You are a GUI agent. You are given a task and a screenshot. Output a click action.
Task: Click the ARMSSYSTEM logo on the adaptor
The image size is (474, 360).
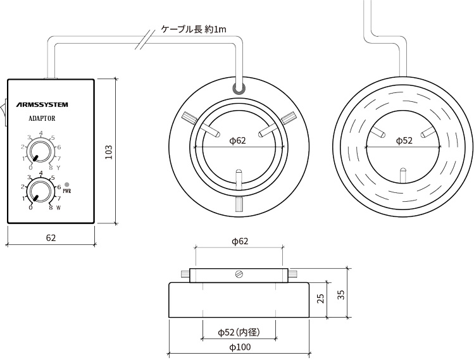tap(42, 104)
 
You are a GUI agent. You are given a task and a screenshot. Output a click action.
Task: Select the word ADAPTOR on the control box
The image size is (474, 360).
tap(42, 118)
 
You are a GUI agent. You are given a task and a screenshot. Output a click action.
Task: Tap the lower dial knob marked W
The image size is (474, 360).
tap(41, 190)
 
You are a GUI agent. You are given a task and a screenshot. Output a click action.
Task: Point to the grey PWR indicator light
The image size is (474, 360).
tap(67, 184)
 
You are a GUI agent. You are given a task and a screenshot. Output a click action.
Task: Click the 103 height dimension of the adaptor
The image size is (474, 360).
tap(108, 151)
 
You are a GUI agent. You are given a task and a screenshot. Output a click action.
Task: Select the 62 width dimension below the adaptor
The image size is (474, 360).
tap(51, 238)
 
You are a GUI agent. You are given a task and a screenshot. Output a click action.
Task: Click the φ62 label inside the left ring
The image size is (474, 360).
tap(237, 140)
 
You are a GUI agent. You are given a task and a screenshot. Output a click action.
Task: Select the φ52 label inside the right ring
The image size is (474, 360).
tap(403, 140)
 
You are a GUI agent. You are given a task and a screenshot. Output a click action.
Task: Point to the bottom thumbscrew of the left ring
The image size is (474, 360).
tap(239, 204)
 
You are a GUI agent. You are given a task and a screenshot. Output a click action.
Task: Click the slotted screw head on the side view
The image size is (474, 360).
tap(239, 274)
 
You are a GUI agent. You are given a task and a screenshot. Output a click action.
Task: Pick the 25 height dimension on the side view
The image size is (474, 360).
tap(321, 297)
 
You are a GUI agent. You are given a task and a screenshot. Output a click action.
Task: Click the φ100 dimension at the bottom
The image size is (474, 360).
tap(239, 347)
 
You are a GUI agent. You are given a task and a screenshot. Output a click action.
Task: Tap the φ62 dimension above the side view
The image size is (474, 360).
tap(239, 242)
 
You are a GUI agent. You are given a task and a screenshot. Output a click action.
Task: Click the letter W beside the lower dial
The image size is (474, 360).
tap(58, 207)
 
